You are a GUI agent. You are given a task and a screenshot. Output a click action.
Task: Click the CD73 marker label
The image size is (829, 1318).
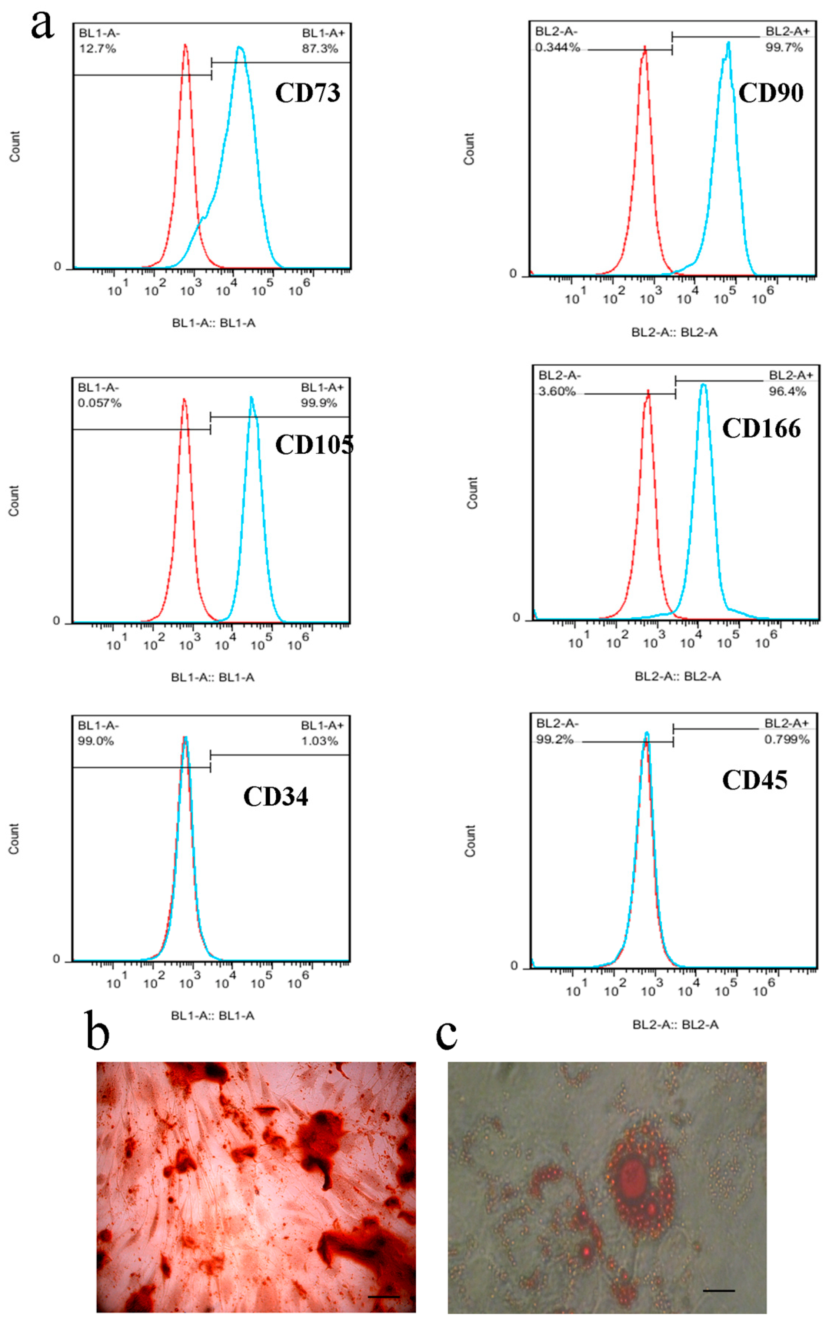(x=307, y=93)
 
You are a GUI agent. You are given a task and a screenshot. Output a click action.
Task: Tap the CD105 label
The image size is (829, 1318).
(x=313, y=445)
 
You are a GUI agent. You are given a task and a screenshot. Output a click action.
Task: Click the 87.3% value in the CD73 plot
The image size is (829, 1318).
(x=320, y=49)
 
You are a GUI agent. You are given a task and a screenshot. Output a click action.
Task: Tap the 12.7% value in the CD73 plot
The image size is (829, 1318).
(x=97, y=49)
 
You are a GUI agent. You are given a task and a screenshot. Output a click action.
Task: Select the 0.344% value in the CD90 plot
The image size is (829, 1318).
(x=557, y=48)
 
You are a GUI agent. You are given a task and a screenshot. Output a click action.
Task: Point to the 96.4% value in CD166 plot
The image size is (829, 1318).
(x=787, y=391)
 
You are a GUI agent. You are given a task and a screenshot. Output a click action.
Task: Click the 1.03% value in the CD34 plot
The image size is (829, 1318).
(x=320, y=741)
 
